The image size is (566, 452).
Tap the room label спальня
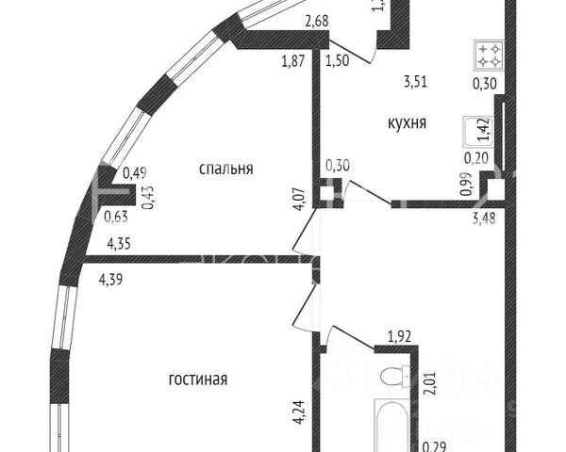[x=225, y=169]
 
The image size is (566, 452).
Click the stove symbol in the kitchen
[x=489, y=56]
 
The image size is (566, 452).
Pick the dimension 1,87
[x=293, y=63]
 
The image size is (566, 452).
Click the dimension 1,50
[x=336, y=63]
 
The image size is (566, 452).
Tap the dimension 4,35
[x=119, y=244]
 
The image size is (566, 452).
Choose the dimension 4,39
[x=111, y=278]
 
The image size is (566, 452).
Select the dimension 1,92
[x=402, y=331]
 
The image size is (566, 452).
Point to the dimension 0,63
[x=116, y=216]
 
